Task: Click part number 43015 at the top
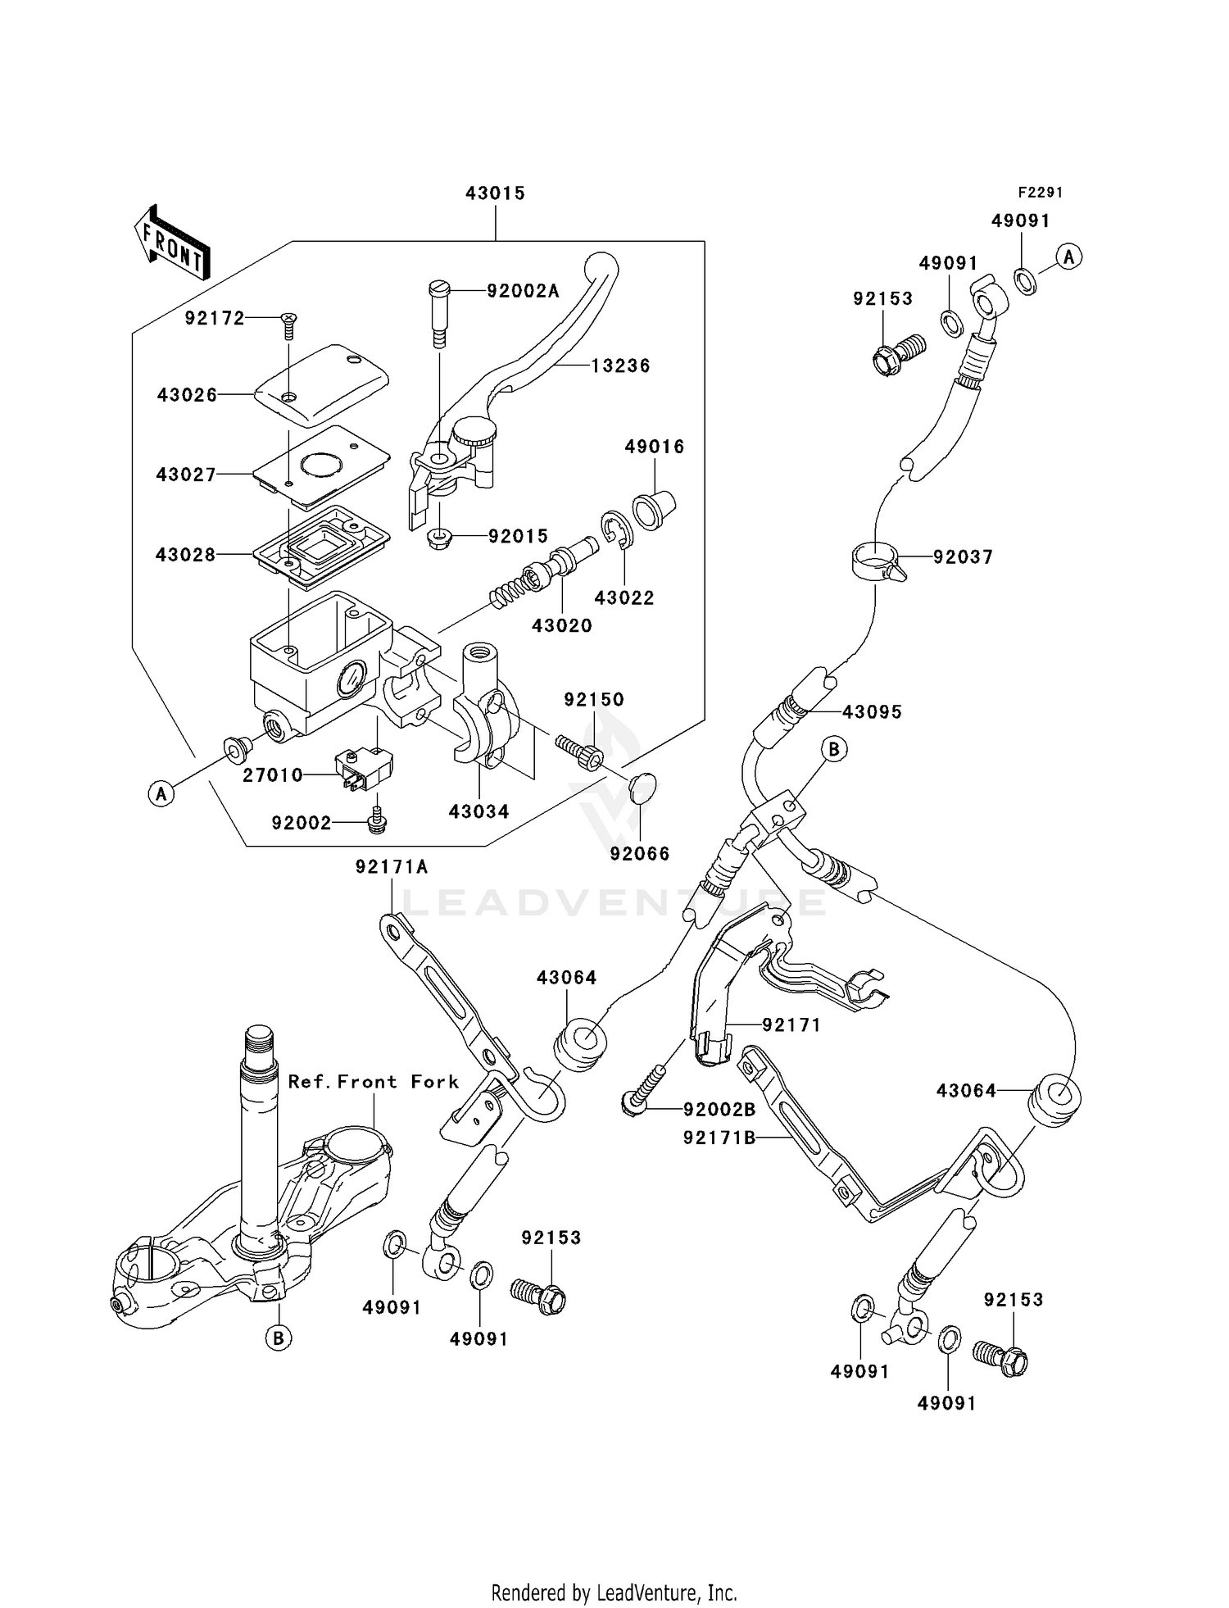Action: (x=495, y=193)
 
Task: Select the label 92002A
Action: (x=523, y=291)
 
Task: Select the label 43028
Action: (x=186, y=555)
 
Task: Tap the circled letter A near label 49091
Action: (x=1068, y=257)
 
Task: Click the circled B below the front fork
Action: (x=278, y=1338)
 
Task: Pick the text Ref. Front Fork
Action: (x=374, y=1082)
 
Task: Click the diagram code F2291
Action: (x=1040, y=193)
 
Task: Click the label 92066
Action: (x=640, y=854)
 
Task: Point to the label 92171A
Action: (x=392, y=867)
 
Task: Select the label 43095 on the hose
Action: (x=872, y=711)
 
